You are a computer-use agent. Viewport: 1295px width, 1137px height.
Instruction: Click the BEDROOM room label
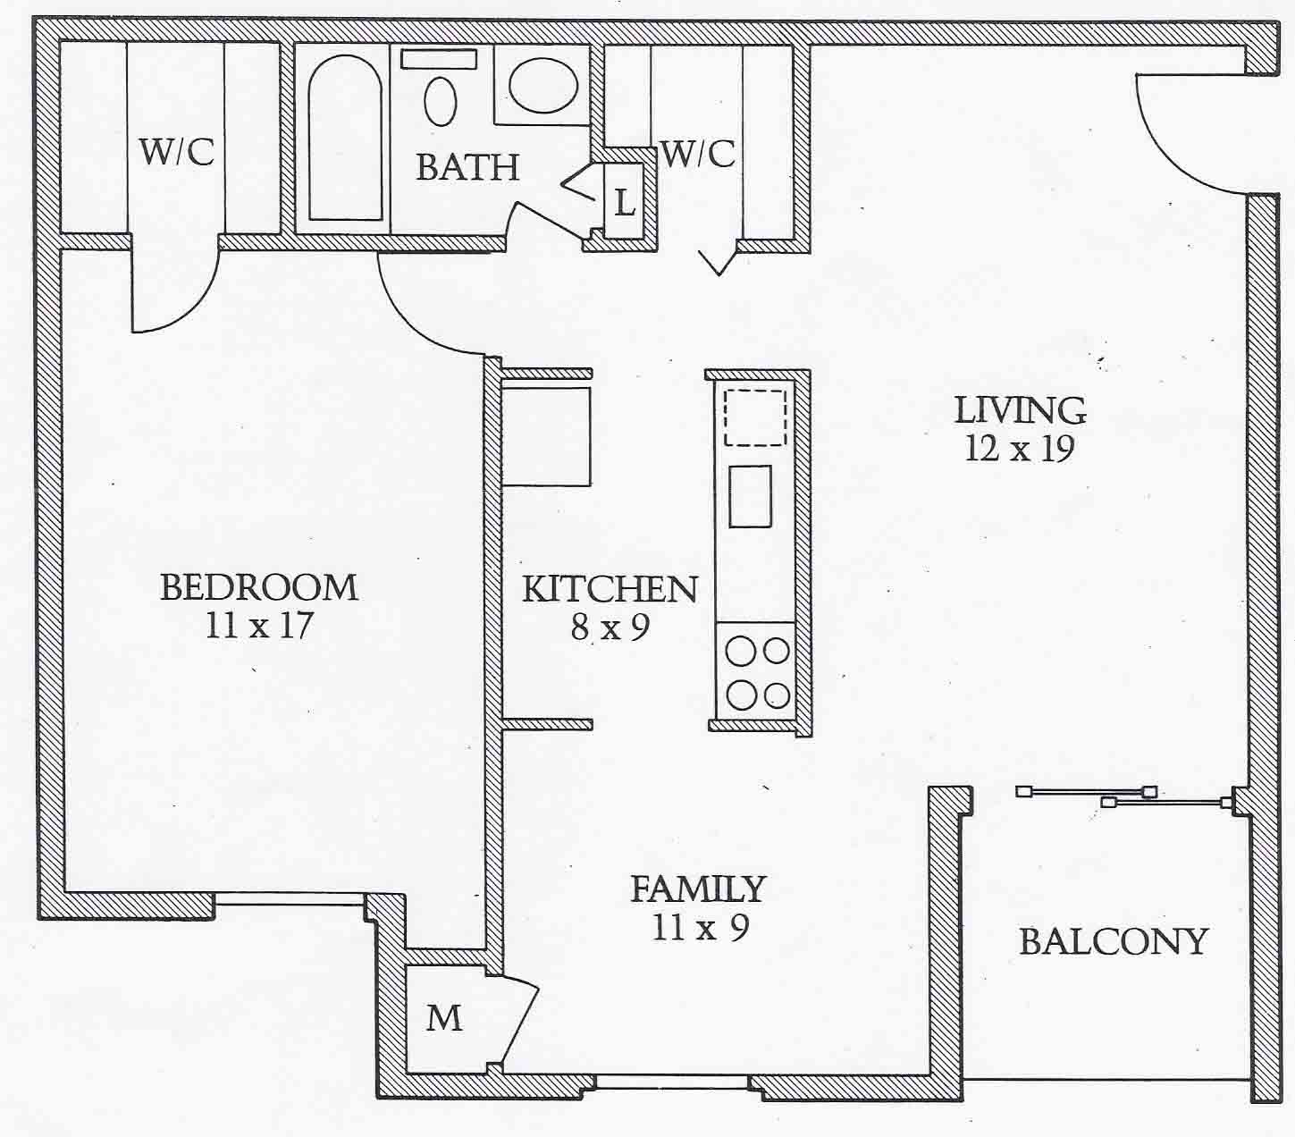[258, 587]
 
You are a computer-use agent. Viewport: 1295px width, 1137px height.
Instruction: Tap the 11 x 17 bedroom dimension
[258, 625]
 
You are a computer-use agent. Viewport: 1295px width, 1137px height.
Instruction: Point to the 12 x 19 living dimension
[1019, 449]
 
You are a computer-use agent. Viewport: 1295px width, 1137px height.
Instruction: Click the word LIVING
[1020, 410]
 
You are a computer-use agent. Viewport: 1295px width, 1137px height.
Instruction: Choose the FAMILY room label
[698, 889]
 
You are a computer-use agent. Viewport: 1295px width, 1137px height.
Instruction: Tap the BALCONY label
[1114, 941]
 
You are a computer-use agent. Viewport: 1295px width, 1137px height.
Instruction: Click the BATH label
[467, 167]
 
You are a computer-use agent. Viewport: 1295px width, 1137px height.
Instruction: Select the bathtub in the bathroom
[345, 138]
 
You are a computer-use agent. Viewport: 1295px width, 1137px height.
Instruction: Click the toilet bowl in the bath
[440, 101]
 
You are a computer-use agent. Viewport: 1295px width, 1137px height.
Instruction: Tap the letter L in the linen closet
[625, 203]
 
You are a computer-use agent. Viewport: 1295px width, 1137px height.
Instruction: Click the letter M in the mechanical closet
[443, 1017]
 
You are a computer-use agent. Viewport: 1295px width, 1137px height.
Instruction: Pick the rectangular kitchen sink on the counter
[750, 496]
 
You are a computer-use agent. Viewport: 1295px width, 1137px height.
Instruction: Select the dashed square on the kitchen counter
[755, 417]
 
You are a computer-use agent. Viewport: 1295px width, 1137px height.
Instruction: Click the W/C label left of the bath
[176, 152]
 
